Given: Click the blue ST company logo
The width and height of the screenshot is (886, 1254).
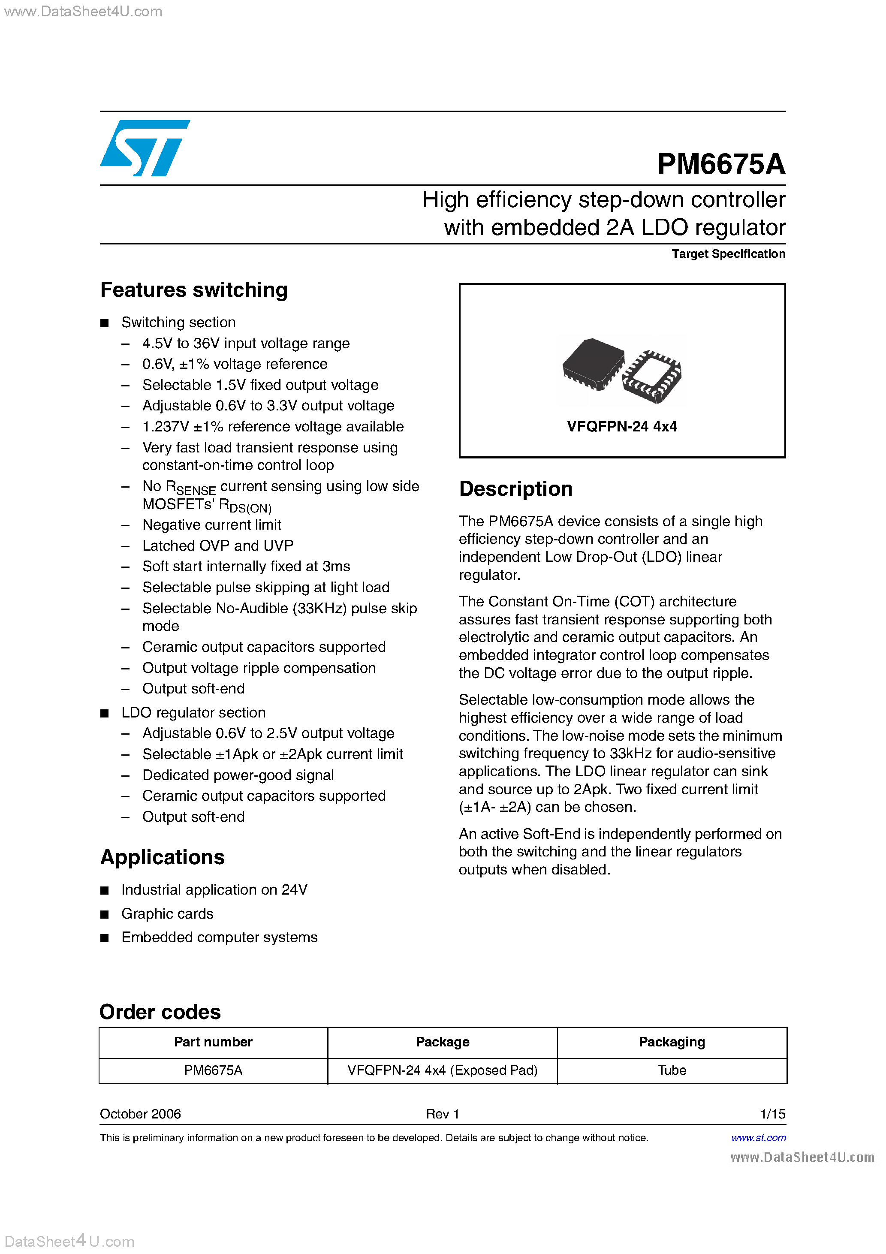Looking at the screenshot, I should point(145,148).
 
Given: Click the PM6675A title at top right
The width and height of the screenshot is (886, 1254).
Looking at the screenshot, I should point(720,164).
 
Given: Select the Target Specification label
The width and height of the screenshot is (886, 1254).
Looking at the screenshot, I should point(728,254).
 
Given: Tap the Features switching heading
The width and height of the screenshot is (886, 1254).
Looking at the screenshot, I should point(194,290).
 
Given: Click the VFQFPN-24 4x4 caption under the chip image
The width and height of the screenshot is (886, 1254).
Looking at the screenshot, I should point(622,427).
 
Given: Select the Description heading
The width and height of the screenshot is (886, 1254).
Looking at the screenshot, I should point(515,489).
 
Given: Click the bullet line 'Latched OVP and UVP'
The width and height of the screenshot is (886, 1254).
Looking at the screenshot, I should point(217,546).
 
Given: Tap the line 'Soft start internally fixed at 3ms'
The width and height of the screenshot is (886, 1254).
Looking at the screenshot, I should point(246,567).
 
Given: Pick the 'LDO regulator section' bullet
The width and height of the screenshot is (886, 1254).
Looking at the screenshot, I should point(193,713).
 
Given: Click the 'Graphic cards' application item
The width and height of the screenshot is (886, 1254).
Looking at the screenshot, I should point(167,914).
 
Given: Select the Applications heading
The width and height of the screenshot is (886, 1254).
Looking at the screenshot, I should point(162,857).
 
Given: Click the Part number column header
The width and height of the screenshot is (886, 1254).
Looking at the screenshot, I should point(213,1042).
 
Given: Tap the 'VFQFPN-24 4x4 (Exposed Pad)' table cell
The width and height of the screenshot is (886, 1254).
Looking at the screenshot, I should point(443,1070).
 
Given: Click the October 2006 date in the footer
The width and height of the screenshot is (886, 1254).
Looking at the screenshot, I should point(140,1114).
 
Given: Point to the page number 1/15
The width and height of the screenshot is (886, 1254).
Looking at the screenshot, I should point(772,1114).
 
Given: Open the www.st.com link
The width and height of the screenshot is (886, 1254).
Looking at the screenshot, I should point(758,1138).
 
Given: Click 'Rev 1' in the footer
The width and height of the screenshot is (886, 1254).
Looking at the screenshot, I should point(443,1114).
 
